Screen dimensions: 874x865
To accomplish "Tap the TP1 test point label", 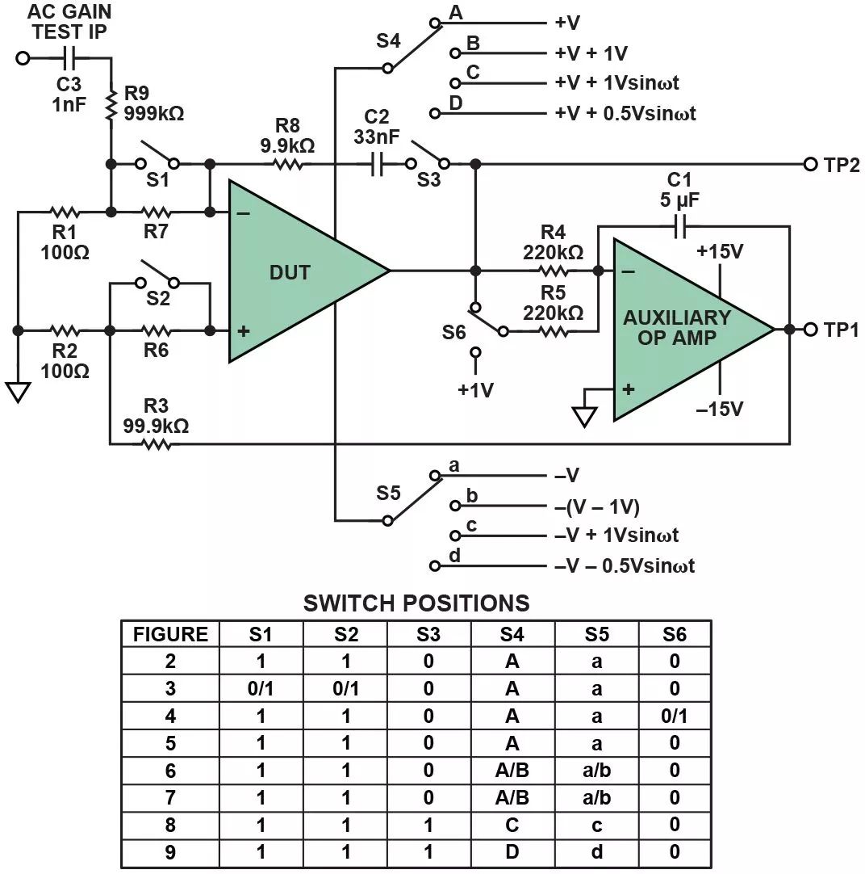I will click(841, 330).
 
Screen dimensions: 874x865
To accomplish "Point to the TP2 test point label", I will click(841, 165).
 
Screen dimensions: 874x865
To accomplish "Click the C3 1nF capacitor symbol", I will click(69, 58).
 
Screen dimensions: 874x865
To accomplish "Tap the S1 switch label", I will click(158, 181).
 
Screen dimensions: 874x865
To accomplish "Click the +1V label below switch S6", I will click(475, 390).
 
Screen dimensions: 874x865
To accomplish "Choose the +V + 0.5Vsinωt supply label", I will click(625, 114).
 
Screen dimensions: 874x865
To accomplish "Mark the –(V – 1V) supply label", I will click(597, 506).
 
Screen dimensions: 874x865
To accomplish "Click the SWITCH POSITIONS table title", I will click(416, 603).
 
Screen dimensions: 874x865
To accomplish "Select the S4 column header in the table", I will click(512, 634).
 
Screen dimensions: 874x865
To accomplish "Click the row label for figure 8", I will click(170, 825).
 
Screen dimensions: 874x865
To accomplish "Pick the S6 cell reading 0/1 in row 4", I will click(675, 716).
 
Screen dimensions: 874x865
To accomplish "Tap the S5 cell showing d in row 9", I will click(596, 852).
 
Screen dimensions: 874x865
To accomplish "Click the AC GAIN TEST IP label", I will click(69, 23).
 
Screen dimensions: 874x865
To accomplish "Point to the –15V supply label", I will click(720, 409).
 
